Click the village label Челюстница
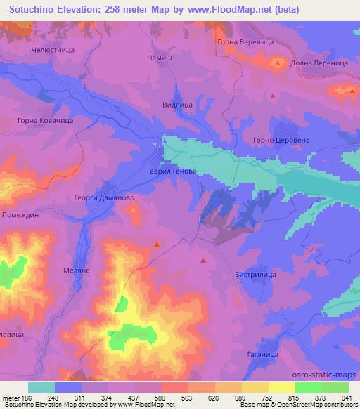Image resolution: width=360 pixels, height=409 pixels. coord(52,51)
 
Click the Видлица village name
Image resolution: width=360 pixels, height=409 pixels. coord(177,105)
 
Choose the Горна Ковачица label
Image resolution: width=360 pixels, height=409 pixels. coord(46,121)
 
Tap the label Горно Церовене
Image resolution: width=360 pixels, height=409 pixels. coord(281,140)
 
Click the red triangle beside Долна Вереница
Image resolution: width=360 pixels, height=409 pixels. coord(278,63)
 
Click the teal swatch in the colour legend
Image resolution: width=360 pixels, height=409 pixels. coord(41,387)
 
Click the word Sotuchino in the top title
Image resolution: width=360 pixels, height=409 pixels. coord(31,10)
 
